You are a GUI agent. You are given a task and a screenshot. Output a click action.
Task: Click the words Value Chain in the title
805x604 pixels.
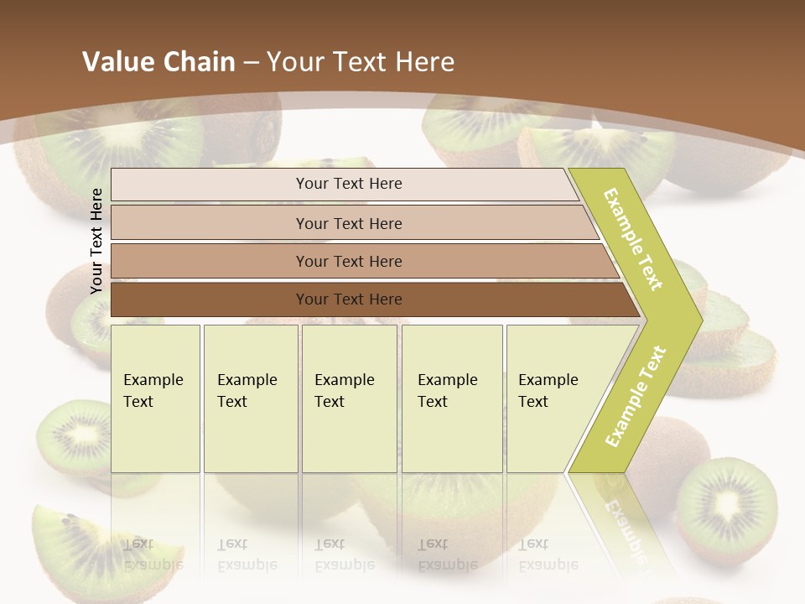pyautogui.click(x=158, y=62)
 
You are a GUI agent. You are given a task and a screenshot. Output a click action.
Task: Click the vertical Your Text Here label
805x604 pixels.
pyautogui.click(x=96, y=241)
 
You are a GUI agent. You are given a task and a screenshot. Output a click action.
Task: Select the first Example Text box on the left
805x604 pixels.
pyautogui.click(x=155, y=398)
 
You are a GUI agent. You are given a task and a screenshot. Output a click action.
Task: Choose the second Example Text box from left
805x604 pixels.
pyautogui.click(x=251, y=398)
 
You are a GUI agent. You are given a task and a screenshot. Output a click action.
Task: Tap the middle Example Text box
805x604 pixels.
pyautogui.click(x=349, y=398)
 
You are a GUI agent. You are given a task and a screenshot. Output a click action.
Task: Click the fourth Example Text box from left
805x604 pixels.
pyautogui.click(x=452, y=398)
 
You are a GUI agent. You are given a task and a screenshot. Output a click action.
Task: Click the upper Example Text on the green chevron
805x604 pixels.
pyautogui.click(x=634, y=239)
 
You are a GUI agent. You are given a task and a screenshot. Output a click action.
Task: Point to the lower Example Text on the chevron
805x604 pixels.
pyautogui.click(x=636, y=396)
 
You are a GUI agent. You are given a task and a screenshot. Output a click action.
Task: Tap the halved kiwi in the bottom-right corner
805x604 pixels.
pyautogui.click(x=726, y=507)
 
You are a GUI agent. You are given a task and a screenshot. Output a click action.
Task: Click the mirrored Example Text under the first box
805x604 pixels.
pyautogui.click(x=153, y=555)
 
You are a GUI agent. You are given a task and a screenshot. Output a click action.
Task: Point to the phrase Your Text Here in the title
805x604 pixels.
pyautogui.click(x=361, y=62)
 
